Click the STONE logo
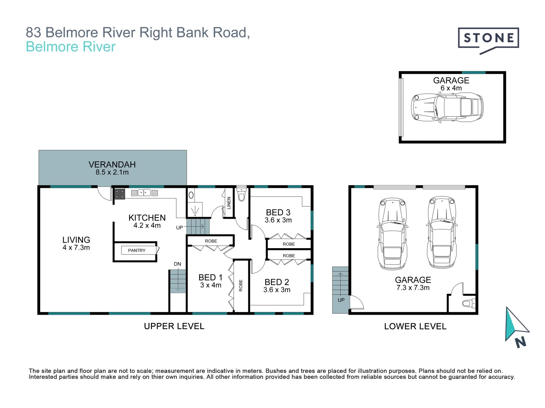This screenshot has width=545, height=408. pyautogui.click(x=488, y=39)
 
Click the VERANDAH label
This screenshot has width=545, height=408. pyautogui.click(x=112, y=165)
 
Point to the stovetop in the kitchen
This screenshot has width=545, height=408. pyautogui.click(x=120, y=194)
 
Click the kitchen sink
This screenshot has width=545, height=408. pyautogui.click(x=144, y=193)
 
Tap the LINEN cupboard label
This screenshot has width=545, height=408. pyautogui.click(x=229, y=203)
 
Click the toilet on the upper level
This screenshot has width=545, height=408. pyautogui.click(x=241, y=195)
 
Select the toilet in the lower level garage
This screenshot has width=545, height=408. pyautogui.click(x=468, y=303)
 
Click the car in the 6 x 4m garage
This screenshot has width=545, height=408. pyautogui.click(x=447, y=107)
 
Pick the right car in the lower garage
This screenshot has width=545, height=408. pyautogui.click(x=442, y=233)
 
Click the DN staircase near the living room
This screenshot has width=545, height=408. pyautogui.click(x=178, y=281)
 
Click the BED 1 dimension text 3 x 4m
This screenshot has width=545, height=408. pyautogui.click(x=210, y=285)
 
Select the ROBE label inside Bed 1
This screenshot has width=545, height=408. pyautogui.click(x=241, y=285)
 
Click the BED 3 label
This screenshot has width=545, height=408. pyautogui.click(x=278, y=212)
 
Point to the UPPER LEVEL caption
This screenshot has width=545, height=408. pyautogui.click(x=174, y=326)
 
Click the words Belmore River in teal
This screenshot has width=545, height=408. pyautogui.click(x=70, y=47)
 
